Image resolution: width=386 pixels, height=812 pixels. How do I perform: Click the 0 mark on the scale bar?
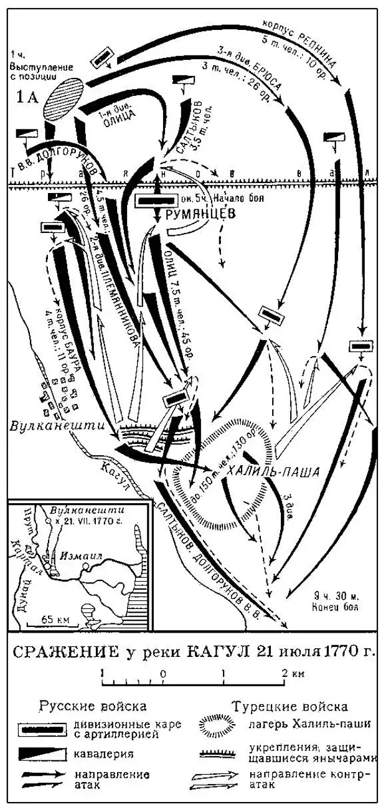(162, 674)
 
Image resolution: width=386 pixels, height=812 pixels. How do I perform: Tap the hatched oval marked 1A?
(60, 100)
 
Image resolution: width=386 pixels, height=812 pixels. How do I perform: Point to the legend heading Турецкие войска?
(289, 707)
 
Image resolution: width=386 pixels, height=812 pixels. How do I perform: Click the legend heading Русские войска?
(93, 707)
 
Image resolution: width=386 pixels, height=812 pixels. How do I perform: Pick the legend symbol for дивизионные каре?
(42, 729)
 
